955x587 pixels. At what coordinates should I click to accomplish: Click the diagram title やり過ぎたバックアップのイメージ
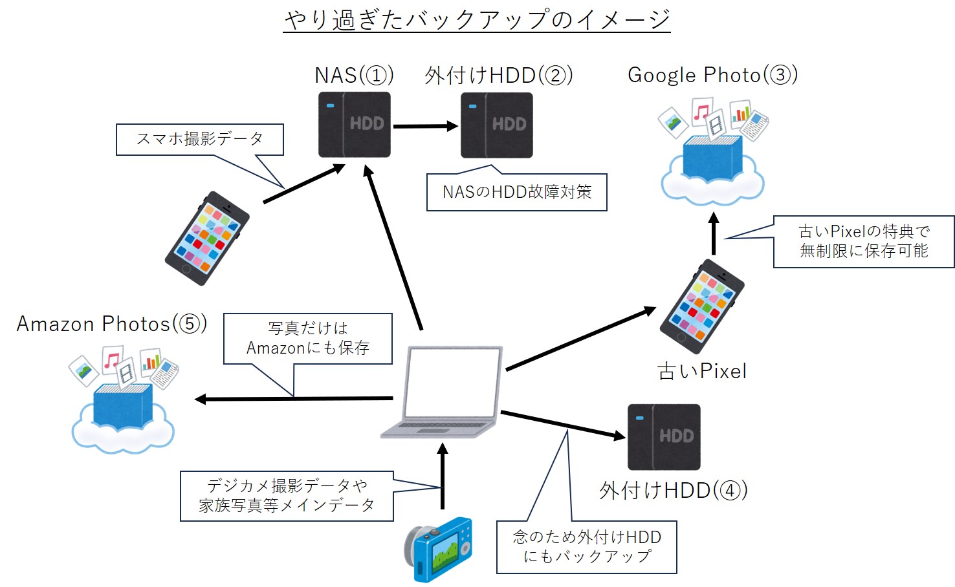pos(477,20)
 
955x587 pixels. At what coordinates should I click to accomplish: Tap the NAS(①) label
pos(354,76)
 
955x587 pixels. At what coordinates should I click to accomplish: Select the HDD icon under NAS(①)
pos(354,124)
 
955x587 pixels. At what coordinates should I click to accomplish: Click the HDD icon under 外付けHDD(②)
pos(496,125)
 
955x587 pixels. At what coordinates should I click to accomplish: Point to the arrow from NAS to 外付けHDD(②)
pos(425,126)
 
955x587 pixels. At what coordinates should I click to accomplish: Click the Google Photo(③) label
pos(712,75)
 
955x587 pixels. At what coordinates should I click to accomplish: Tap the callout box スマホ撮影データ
pos(199,139)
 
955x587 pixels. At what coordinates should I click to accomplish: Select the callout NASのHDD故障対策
pos(516,192)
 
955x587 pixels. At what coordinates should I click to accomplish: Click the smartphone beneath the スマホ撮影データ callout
pos(207,238)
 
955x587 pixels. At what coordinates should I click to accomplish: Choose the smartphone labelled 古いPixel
pos(702,306)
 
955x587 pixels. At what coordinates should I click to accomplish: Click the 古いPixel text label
pos(702,371)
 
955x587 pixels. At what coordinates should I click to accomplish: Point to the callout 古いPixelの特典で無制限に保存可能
pos(863,241)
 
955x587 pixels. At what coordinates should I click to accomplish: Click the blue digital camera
pos(439,550)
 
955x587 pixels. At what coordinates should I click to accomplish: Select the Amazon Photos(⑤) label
pos(111,323)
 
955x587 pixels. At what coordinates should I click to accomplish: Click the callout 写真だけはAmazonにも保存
pos(307,338)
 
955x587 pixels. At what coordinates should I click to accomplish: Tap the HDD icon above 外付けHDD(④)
pos(664,436)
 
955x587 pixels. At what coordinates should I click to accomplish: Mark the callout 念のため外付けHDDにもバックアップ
pos(586,547)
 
